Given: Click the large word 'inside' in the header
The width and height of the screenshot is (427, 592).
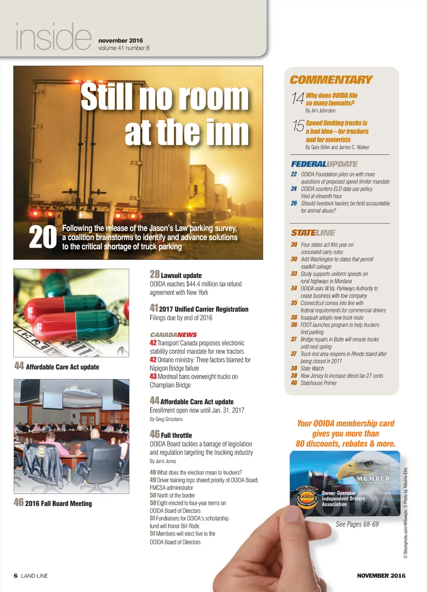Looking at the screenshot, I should coord(53,37).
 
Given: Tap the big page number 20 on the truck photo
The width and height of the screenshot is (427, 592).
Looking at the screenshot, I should coord(43,237).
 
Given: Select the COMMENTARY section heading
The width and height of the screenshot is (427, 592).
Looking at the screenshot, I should coord(331,80).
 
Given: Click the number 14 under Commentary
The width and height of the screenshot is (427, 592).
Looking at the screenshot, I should coord(298,99).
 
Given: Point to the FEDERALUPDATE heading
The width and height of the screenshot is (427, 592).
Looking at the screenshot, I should coord(324,164).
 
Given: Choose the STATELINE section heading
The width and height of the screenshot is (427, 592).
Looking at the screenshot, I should coord(313,233).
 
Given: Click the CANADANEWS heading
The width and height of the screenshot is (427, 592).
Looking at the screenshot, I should coord(173,335).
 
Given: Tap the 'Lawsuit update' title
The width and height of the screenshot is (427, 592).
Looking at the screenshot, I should coord(181,276).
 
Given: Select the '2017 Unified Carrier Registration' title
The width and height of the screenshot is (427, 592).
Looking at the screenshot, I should coord(203,309).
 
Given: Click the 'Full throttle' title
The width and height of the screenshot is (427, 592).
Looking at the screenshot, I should coord(176,435).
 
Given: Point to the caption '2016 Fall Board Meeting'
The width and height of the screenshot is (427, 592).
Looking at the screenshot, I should coord(58,504).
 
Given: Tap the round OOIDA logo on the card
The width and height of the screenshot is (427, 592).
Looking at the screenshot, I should coord(307,497).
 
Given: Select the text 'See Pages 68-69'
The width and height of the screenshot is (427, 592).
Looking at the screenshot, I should coord(357,524).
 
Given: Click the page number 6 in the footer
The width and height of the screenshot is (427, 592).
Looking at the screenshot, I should coord(16,576).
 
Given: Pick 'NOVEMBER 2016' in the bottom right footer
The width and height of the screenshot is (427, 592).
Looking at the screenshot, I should coord(381,576).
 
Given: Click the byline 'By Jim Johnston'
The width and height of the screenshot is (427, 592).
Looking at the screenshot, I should coord(320,111).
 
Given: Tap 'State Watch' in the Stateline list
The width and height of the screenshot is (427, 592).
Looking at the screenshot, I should coord(312,369).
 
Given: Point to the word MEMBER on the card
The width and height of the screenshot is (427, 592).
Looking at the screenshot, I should coord(373,479).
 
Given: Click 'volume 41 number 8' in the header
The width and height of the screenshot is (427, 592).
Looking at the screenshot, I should coord(123,48).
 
